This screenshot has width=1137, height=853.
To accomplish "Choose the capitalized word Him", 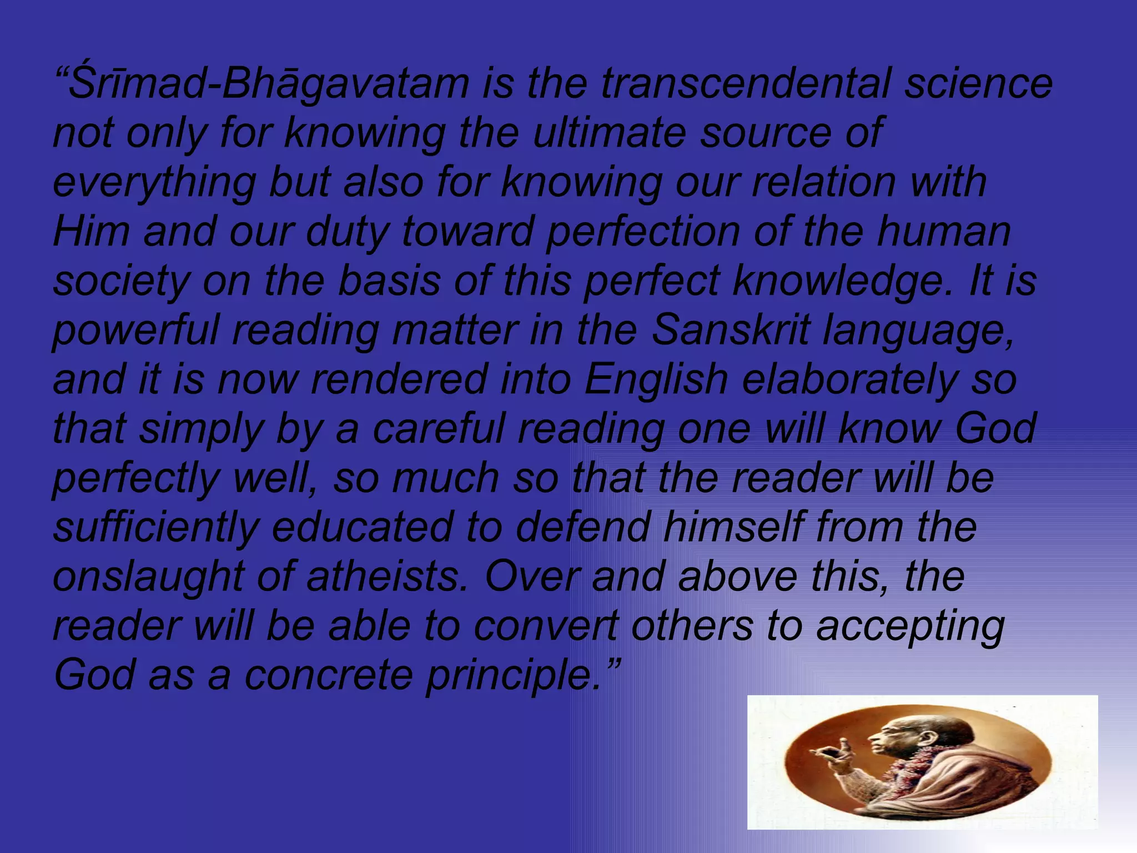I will [92, 232].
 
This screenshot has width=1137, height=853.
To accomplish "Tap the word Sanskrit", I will [731, 330].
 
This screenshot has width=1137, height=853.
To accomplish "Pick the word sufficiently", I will [156, 528].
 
